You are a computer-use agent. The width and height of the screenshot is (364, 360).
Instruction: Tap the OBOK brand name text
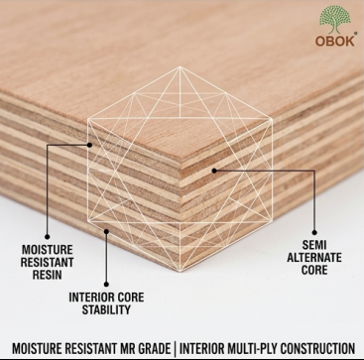click(x=335, y=41)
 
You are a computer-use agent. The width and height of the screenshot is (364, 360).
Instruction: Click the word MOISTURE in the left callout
click(x=47, y=249)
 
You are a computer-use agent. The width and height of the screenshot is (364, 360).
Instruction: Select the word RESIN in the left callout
click(x=47, y=275)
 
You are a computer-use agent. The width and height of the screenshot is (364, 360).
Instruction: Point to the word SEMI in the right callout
click(x=314, y=245)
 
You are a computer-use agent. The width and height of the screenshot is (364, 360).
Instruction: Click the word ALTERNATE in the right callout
click(x=314, y=258)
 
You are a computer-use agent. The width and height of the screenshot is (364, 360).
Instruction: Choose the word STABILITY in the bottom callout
click(x=106, y=309)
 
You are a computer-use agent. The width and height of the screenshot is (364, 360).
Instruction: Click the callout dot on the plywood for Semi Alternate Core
click(x=214, y=171)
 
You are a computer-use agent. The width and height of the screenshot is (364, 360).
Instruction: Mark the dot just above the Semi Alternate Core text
click(x=314, y=233)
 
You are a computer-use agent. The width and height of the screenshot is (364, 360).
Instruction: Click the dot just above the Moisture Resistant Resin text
click(x=48, y=237)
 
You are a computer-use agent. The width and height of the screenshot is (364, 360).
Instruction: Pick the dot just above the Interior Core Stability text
click(x=106, y=284)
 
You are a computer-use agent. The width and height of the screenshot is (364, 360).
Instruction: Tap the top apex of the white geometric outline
click(x=180, y=67)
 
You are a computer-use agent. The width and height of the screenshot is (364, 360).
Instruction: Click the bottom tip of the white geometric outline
click(x=181, y=271)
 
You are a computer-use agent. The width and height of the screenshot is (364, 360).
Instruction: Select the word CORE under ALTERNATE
click(x=314, y=270)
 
